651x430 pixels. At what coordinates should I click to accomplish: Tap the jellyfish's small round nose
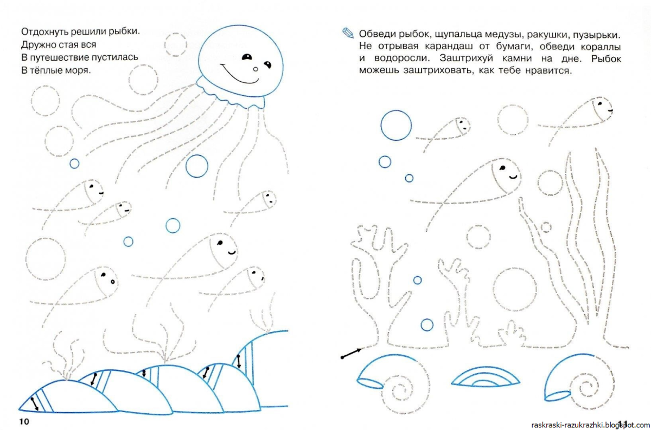[256, 69]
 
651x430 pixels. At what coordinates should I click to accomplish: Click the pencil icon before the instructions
[348, 33]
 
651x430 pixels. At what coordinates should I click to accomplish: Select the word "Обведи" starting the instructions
[377, 35]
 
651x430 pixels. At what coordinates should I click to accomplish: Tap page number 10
[24, 421]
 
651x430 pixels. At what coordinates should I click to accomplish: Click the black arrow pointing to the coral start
[352, 354]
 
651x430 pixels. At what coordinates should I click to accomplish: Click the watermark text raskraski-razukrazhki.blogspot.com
[591, 425]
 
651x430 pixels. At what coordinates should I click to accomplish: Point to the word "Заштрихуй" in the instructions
[467, 58]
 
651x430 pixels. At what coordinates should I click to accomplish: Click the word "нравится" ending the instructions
[548, 70]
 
